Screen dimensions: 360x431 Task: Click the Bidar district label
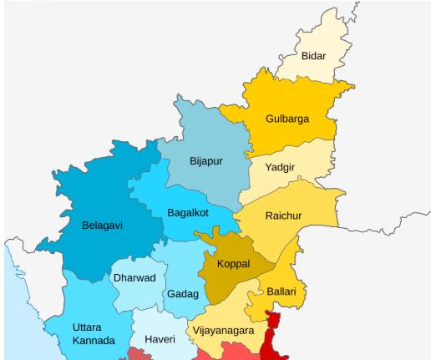[x=313, y=57]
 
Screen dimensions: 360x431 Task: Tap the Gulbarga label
[x=286, y=119]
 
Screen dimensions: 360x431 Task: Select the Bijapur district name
[x=205, y=161]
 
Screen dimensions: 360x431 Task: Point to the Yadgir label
[x=279, y=167]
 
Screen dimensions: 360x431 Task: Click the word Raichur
[x=283, y=216]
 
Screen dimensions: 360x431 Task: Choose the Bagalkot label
[x=187, y=212]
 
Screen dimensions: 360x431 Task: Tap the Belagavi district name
[x=103, y=225]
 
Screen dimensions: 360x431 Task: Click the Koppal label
[x=233, y=263]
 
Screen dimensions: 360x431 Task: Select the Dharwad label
[x=134, y=278]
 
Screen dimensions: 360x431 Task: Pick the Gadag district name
[x=183, y=294]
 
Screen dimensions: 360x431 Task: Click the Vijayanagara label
[x=223, y=331]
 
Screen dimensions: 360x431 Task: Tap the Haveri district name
[x=160, y=339]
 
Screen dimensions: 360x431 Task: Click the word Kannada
[x=94, y=341]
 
